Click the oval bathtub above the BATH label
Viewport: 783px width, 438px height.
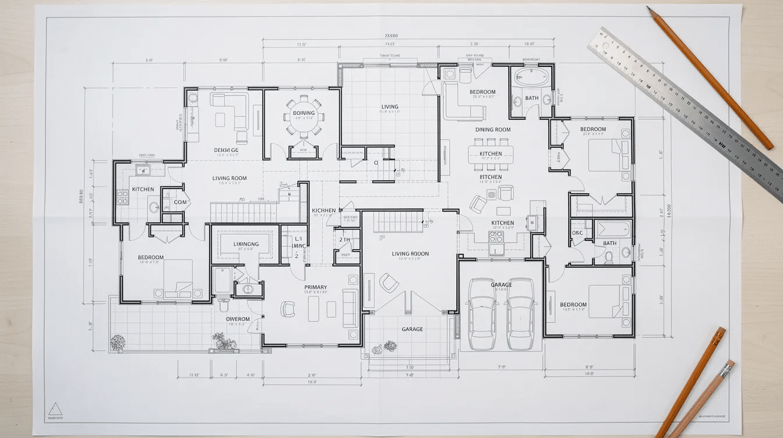tap(531, 76)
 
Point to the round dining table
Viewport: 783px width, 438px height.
tap(304, 116)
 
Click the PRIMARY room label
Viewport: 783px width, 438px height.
tap(315, 287)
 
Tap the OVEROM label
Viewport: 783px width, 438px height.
tap(238, 319)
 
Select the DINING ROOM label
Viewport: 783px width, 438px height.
tap(493, 130)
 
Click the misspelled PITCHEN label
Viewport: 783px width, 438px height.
tap(491, 177)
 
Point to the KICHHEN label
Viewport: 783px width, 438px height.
tap(323, 210)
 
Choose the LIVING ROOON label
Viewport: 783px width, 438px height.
tap(410, 254)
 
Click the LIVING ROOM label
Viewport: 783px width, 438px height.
tap(229, 178)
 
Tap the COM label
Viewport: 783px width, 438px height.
tap(180, 202)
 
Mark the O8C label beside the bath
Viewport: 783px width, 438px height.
tap(577, 233)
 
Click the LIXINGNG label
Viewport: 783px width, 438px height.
tap(246, 244)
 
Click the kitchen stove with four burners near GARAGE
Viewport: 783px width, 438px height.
tap(496, 236)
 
